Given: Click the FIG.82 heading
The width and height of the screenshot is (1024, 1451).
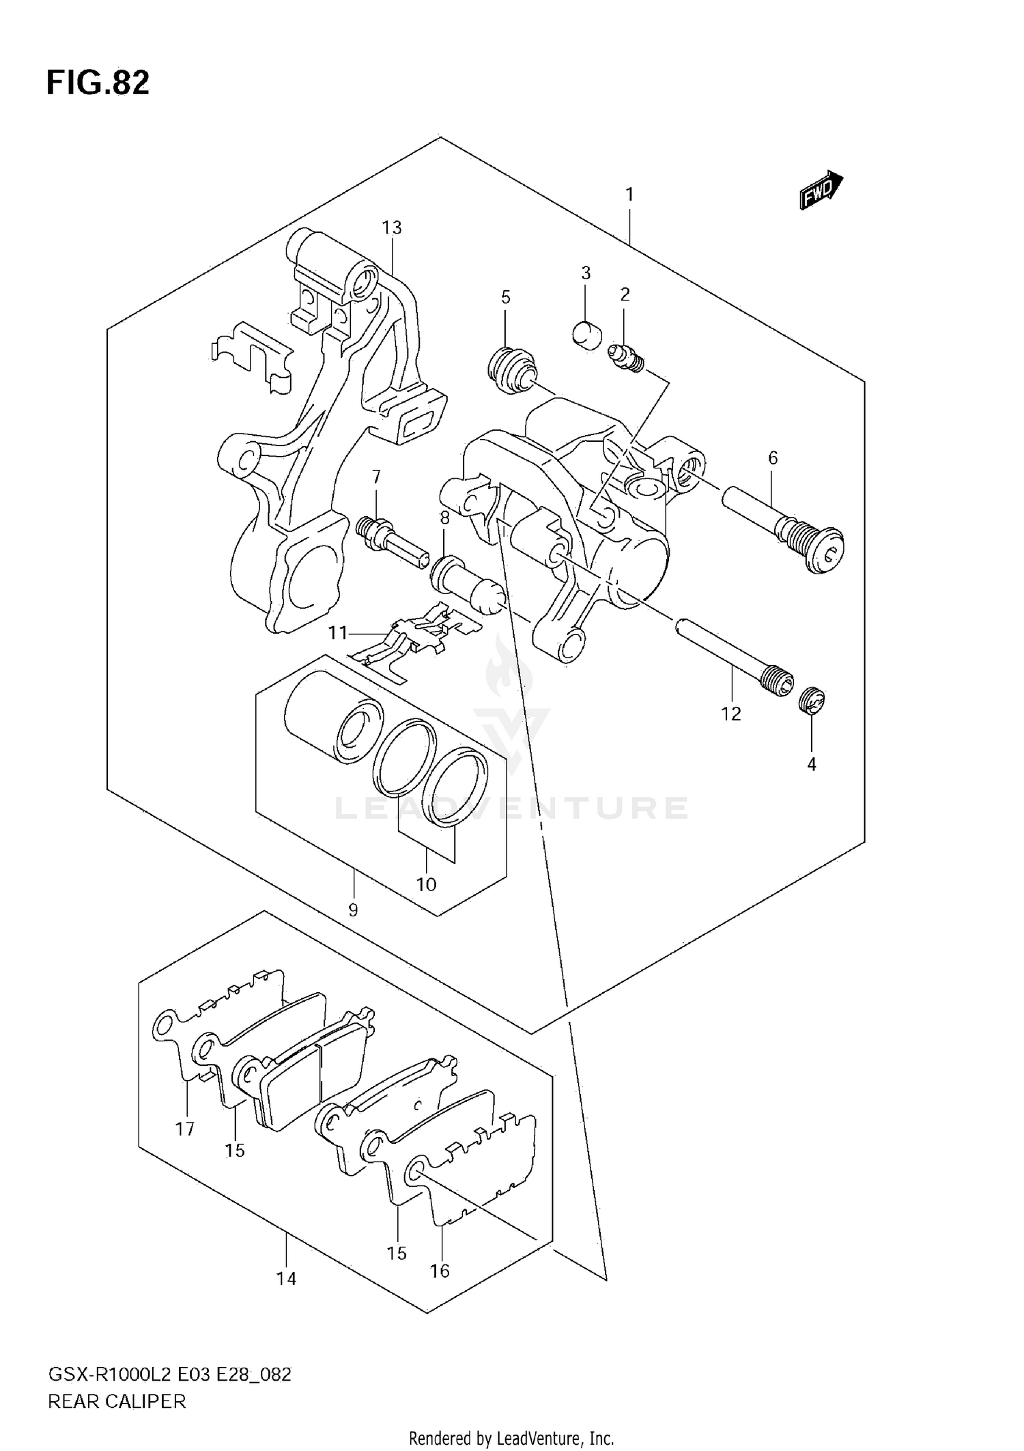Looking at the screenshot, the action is click(98, 83).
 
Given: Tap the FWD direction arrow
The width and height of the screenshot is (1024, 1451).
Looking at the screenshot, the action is click(821, 190).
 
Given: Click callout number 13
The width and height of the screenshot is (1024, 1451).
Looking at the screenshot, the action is click(392, 227).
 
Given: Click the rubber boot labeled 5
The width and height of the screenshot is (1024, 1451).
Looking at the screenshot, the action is click(511, 370).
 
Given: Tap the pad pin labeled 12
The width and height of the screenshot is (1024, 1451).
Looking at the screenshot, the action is click(735, 656).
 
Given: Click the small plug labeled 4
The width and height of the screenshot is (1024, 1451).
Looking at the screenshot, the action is click(812, 702).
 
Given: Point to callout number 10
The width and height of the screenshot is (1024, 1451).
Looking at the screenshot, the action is click(426, 884).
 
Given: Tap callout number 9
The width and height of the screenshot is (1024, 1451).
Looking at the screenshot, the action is click(353, 910).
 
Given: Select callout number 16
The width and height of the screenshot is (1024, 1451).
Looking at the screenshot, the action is click(440, 1270).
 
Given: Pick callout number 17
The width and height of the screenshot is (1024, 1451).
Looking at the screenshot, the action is click(185, 1129).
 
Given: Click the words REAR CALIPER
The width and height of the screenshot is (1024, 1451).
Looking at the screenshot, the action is click(117, 1402).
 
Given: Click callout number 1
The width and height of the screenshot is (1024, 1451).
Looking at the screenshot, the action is click(629, 195).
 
